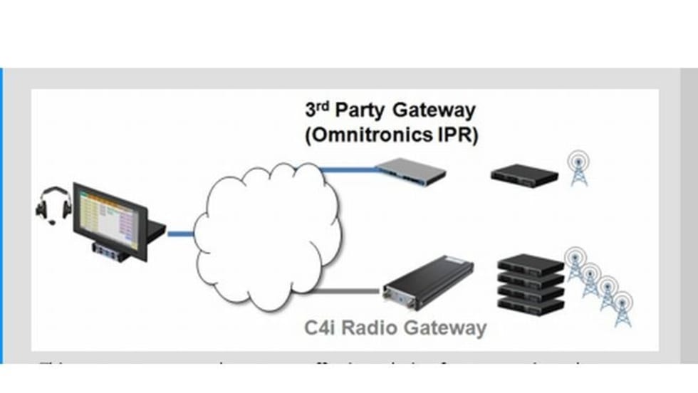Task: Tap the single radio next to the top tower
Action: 524,173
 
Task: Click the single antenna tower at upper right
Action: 578,169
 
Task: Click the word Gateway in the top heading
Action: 434,111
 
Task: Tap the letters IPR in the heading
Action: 456,136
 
